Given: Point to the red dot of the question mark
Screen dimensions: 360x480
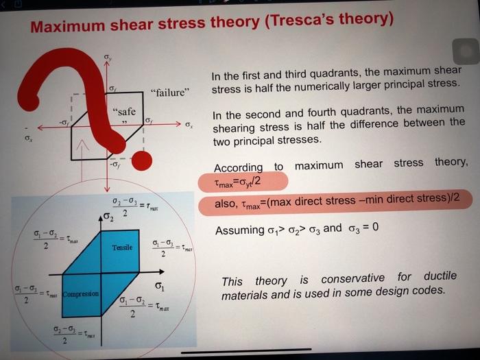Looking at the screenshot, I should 142,161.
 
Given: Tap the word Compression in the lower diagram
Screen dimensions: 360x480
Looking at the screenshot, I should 81,295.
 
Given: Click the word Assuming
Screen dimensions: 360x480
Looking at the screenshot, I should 239,230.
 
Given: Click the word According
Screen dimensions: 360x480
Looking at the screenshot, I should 238,168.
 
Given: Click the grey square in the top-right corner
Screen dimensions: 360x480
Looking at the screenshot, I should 464,49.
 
